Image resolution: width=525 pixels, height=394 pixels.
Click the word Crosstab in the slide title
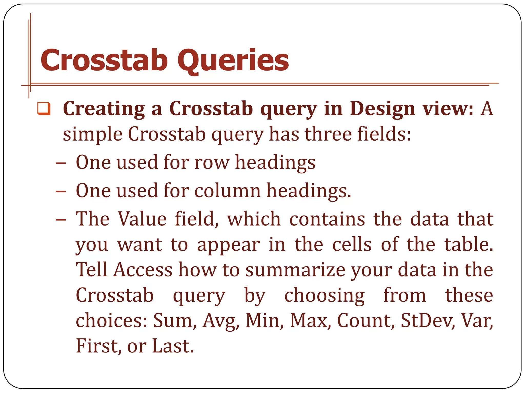pyautogui.click(x=104, y=61)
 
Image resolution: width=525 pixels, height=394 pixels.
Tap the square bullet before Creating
pyautogui.click(x=44, y=109)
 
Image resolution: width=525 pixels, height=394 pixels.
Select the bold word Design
pyautogui.click(x=382, y=109)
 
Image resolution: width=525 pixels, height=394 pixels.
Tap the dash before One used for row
pyautogui.click(x=60, y=163)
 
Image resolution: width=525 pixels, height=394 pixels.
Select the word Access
pyautogui.click(x=143, y=270)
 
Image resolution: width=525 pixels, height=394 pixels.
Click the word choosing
pyautogui.click(x=324, y=296)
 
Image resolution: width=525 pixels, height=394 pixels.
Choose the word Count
pyautogui.click(x=366, y=321)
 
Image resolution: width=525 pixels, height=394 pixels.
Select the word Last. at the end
pyautogui.click(x=173, y=346)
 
